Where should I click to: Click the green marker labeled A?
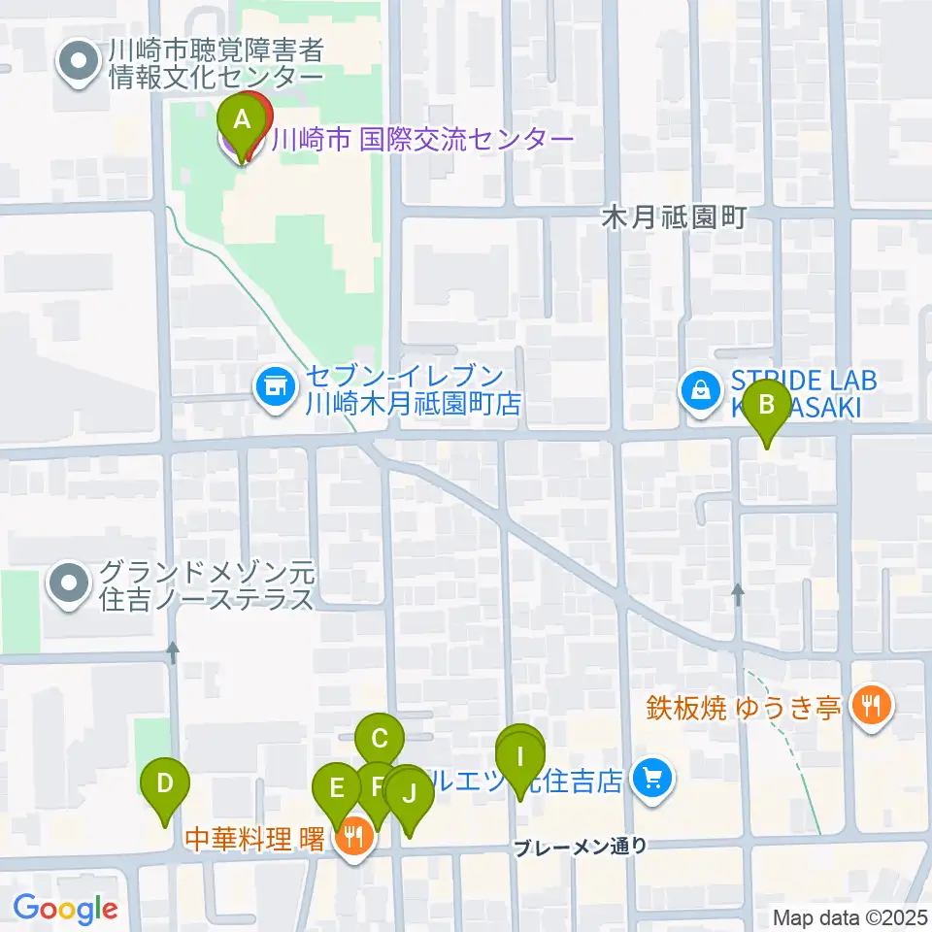pyautogui.click(x=242, y=123)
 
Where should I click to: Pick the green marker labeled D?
pyautogui.click(x=165, y=784)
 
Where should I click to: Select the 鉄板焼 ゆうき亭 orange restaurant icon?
pyautogui.click(x=868, y=705)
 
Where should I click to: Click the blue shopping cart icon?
pyautogui.click(x=651, y=777)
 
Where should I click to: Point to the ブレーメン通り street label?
pyautogui.click(x=581, y=847)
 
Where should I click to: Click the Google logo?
pyautogui.click(x=65, y=909)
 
